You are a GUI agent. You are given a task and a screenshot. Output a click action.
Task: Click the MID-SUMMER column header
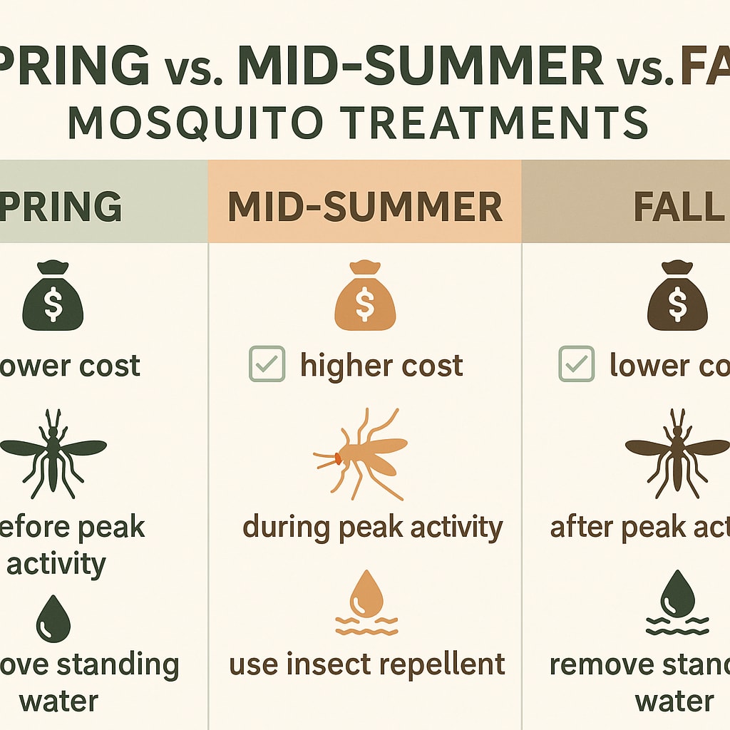click(365, 207)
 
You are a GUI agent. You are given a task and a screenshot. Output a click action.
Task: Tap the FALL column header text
click(677, 207)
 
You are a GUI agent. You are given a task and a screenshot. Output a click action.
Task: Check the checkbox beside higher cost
click(267, 365)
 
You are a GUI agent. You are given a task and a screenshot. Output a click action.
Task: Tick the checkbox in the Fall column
click(576, 365)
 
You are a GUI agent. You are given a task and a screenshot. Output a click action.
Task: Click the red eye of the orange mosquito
click(336, 456)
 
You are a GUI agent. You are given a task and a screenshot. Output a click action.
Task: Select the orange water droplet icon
click(365, 593)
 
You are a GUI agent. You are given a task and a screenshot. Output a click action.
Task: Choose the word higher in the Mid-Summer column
click(338, 366)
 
